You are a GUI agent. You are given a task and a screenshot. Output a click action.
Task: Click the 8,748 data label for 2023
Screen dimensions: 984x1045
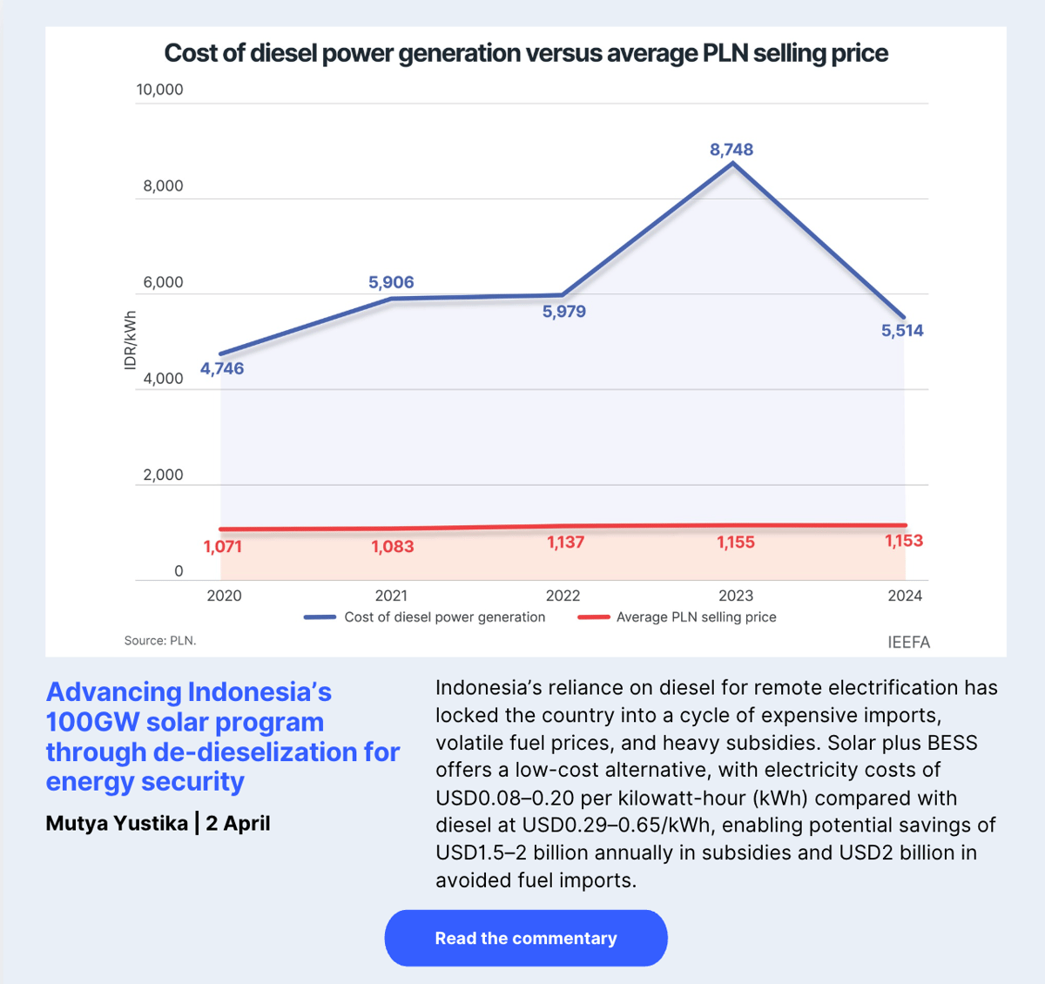click(731, 150)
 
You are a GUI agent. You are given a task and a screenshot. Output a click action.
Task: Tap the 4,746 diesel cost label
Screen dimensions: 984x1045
click(222, 368)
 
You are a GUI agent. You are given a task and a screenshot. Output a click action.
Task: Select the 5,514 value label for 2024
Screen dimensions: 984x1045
click(902, 330)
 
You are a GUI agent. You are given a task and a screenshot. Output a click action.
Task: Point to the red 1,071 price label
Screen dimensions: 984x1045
click(222, 547)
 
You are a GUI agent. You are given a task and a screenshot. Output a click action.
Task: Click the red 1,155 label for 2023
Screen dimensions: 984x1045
click(736, 543)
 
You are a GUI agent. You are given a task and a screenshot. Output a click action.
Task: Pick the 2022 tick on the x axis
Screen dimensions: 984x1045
click(563, 596)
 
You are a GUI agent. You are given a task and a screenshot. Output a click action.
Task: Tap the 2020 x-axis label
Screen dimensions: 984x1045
click(224, 596)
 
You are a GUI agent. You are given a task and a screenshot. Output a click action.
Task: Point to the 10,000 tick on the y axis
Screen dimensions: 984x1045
click(159, 90)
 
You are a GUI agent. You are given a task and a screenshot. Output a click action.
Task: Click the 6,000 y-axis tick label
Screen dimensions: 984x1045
click(163, 282)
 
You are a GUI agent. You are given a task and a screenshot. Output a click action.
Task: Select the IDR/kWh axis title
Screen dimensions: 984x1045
click(131, 340)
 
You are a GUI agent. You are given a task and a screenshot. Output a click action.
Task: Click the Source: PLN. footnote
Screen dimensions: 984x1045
click(160, 641)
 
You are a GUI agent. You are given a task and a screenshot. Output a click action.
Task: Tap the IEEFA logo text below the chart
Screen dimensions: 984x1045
click(908, 643)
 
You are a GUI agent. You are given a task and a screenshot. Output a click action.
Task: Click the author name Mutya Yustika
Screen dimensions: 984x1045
click(117, 823)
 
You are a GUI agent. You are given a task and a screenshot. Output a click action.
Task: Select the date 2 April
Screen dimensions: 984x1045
click(238, 823)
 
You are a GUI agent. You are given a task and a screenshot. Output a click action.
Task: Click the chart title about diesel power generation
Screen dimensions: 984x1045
click(526, 53)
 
